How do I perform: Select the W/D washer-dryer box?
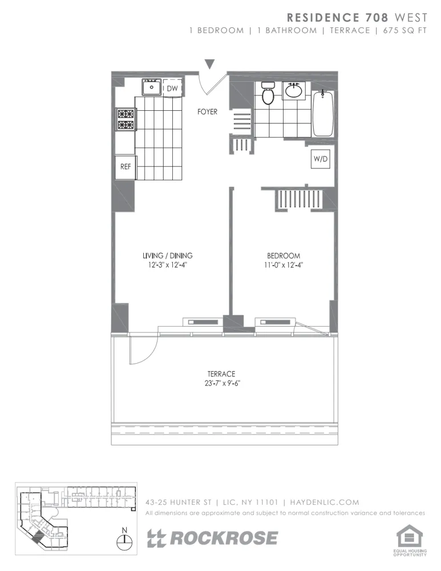tap(320, 160)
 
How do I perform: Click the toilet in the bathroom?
tap(268, 94)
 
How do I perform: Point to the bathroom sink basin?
tap(294, 90)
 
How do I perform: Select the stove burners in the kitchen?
tap(126, 119)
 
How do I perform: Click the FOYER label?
tap(207, 112)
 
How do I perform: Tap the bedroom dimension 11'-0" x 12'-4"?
tap(284, 264)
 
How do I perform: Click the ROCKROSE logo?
tap(213, 538)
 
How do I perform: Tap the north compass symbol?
tap(124, 539)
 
